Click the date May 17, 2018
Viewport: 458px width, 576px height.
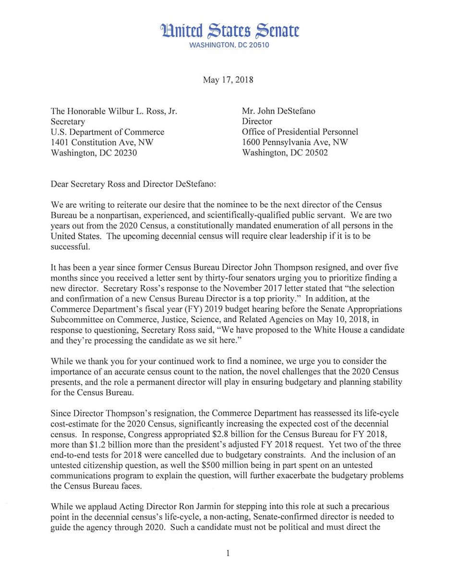(228, 80)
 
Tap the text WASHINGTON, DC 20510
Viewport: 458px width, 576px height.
(229, 45)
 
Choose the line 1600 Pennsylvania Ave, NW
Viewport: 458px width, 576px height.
(295, 143)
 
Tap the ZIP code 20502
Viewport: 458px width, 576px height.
(318, 153)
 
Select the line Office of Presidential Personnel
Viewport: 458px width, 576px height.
(300, 132)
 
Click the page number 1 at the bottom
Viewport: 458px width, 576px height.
(229, 553)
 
